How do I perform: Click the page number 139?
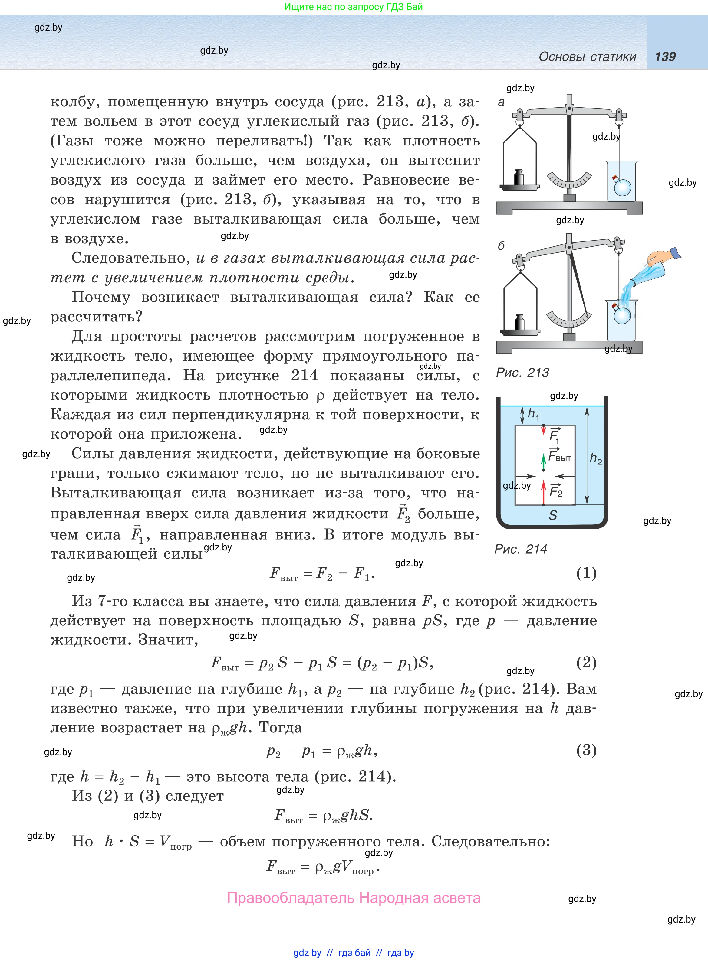665,57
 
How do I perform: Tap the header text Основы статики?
587,57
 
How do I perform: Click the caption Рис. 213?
522,373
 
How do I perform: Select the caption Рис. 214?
521,549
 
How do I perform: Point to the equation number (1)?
586,573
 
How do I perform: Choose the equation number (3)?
586,750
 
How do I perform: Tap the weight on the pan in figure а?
519,177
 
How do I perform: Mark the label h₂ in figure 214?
596,458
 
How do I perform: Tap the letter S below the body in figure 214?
553,515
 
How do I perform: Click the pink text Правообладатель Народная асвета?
354,898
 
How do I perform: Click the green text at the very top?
354,7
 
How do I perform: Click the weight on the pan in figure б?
519,322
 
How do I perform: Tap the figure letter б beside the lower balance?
501,245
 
